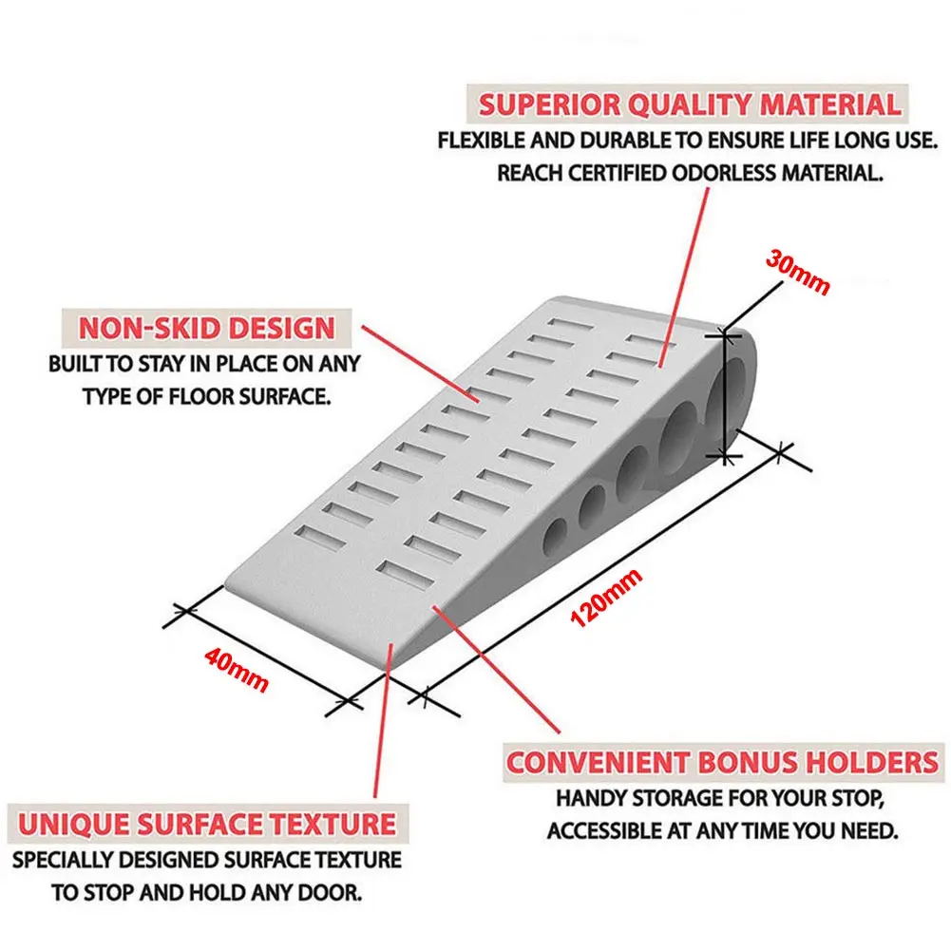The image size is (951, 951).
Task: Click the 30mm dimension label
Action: point(797,272)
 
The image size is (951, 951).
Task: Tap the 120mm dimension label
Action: point(606,598)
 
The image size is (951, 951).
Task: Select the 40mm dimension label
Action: point(236,670)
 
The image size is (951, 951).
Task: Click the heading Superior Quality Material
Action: point(690,105)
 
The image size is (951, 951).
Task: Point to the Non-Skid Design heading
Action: point(207,328)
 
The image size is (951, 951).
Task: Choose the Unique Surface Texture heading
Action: point(207,825)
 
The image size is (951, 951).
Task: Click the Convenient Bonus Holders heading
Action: point(722,762)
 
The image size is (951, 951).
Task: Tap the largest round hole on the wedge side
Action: point(732,389)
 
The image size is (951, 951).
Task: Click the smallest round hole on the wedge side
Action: point(555,536)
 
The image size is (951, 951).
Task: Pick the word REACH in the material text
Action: point(530,174)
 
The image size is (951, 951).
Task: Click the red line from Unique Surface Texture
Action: point(383,720)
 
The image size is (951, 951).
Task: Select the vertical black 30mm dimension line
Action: point(724,397)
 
